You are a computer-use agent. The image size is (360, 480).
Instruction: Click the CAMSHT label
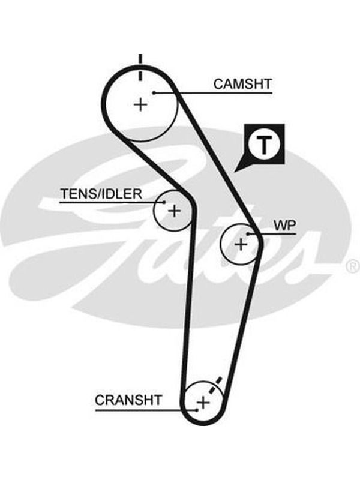[242, 84]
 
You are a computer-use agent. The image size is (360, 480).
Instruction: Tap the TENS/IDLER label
[101, 194]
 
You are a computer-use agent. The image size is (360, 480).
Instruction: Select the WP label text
[284, 226]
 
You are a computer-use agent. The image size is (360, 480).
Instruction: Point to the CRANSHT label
[128, 400]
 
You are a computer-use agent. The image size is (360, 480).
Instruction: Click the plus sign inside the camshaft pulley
[141, 104]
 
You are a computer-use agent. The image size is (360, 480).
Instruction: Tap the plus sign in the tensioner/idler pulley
[174, 211]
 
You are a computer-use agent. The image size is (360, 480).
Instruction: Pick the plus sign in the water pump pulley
[241, 244]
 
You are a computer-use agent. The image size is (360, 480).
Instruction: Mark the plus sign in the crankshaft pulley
[203, 402]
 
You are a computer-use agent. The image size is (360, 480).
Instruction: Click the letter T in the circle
[263, 145]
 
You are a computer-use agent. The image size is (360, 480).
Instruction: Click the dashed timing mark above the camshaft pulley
[140, 67]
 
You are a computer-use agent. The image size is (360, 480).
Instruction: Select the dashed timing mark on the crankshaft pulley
[215, 385]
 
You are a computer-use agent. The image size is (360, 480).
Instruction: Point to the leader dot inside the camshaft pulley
[155, 93]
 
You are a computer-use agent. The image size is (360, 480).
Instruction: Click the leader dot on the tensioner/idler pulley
[164, 202]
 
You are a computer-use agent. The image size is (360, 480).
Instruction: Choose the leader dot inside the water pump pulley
[248, 234]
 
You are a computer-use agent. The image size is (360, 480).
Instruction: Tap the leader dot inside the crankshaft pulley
[197, 410]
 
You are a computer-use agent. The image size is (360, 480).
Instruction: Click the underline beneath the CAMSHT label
[214, 93]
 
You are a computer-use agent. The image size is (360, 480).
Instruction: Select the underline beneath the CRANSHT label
[146, 410]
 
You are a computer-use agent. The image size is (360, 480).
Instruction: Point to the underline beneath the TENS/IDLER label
[112, 202]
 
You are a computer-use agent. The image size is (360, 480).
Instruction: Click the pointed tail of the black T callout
[235, 171]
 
